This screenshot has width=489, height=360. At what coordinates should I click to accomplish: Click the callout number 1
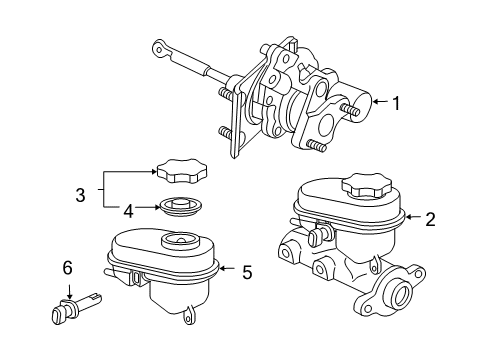(x=398, y=101)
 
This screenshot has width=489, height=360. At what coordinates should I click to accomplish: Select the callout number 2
(x=430, y=219)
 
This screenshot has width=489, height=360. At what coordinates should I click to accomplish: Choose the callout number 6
(x=67, y=269)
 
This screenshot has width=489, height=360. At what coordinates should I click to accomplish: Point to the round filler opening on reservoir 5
(x=184, y=241)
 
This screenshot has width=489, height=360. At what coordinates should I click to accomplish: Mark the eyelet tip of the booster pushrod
(x=157, y=46)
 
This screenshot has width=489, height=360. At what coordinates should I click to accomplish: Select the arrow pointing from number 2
(x=412, y=219)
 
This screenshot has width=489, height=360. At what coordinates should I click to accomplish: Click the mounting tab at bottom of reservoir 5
(x=187, y=319)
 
